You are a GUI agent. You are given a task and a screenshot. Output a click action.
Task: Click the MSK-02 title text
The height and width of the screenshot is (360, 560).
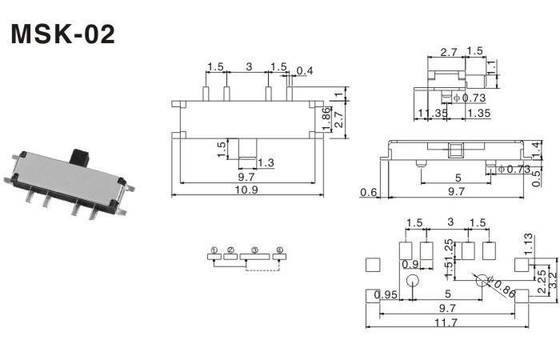point(62,34)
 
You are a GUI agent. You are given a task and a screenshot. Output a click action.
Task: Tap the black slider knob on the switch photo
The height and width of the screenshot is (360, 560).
point(79,154)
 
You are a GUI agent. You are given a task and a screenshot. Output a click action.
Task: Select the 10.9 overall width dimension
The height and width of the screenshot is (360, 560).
point(247,190)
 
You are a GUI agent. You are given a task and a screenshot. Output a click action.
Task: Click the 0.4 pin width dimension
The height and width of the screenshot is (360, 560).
point(304,71)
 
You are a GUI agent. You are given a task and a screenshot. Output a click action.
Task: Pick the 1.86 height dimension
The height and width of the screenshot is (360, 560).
point(326,115)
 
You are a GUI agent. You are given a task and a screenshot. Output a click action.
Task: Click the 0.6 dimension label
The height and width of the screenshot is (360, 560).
point(369,191)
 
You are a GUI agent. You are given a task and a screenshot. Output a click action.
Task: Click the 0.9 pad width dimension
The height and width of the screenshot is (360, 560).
point(410,265)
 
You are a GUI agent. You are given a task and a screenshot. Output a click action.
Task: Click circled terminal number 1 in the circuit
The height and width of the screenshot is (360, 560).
point(214,251)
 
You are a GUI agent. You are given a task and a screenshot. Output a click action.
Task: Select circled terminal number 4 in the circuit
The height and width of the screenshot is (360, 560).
point(279,251)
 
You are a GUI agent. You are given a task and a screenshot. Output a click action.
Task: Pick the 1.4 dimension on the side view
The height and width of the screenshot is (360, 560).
point(536,148)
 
